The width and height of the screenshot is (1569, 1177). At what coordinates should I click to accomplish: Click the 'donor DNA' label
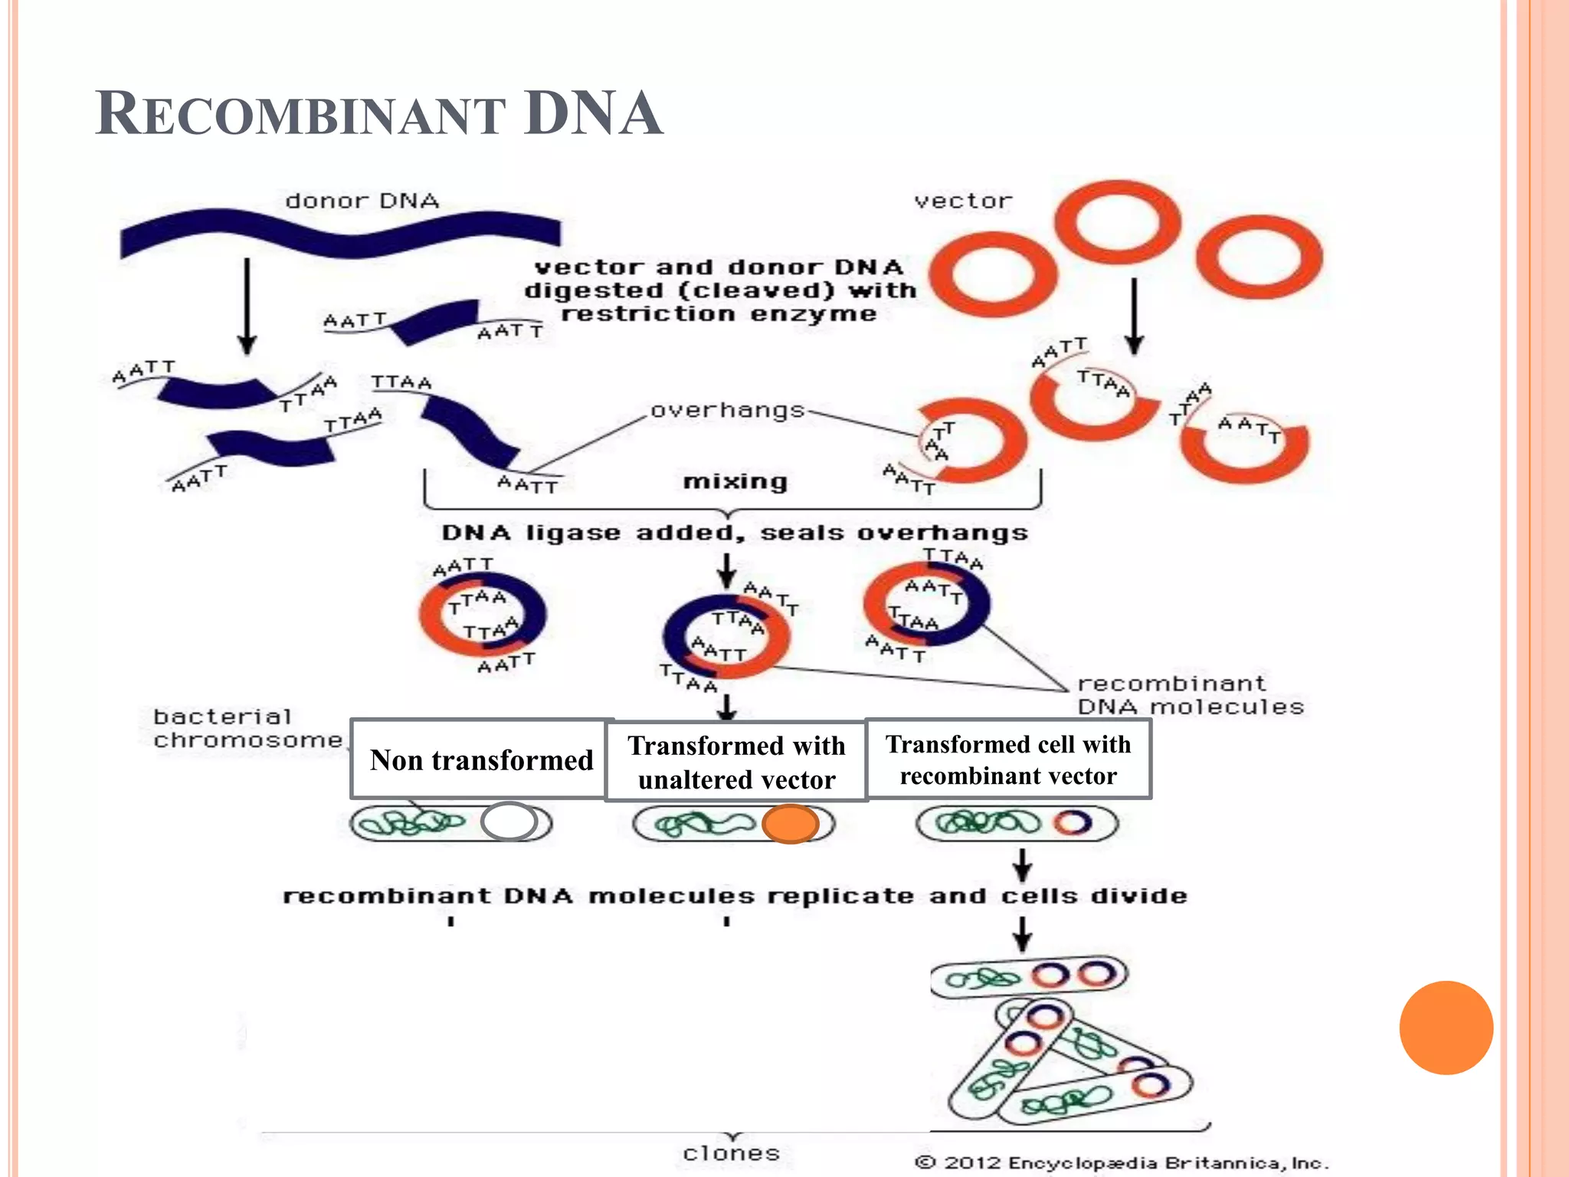click(x=362, y=202)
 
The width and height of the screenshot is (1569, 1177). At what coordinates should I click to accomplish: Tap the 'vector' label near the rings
click(x=963, y=202)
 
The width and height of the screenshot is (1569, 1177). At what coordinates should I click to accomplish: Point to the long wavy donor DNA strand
click(x=341, y=233)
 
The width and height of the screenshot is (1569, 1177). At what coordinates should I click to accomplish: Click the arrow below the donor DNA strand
click(x=247, y=307)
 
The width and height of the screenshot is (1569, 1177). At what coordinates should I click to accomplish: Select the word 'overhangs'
click(x=727, y=411)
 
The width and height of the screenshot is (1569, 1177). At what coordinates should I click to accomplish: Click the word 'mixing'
click(x=735, y=481)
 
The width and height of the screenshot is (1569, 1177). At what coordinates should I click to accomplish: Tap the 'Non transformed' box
click(x=481, y=760)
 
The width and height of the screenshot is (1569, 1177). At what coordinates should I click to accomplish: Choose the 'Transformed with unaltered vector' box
click(x=736, y=762)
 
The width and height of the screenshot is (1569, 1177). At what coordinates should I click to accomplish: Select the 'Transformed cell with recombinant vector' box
click(x=1008, y=759)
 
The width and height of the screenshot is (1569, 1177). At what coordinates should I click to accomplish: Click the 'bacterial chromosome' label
click(x=247, y=729)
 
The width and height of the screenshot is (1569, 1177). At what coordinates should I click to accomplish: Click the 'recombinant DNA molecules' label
click(x=1190, y=695)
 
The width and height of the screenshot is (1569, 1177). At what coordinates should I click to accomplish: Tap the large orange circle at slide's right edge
click(x=1446, y=1028)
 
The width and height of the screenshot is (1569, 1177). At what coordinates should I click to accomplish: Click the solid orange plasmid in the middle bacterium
click(x=790, y=825)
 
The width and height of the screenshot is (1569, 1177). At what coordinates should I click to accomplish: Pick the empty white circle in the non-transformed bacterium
click(x=509, y=821)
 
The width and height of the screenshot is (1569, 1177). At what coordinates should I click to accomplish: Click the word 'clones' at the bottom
click(x=731, y=1153)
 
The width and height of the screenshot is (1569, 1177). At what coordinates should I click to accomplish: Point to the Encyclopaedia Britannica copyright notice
click(x=1122, y=1163)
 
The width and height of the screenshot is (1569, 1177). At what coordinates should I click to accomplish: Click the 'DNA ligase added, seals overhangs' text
click(x=735, y=533)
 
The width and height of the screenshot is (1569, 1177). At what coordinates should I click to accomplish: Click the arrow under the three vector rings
click(x=1135, y=316)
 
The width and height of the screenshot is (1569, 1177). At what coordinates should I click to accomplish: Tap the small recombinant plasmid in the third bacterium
click(x=1073, y=823)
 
